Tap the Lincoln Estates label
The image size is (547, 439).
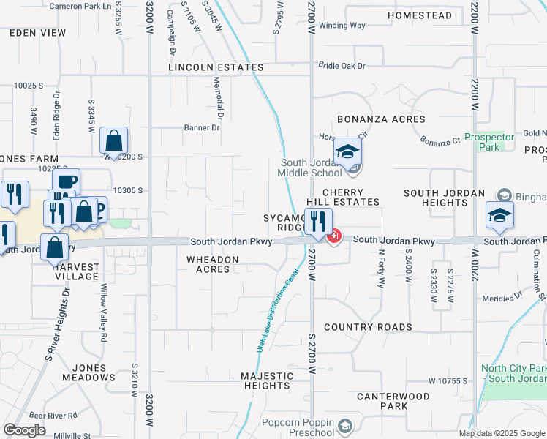point(216,67)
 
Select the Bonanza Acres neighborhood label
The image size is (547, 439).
point(381,119)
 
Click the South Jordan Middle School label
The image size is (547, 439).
point(311,168)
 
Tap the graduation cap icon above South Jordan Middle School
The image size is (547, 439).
point(348,152)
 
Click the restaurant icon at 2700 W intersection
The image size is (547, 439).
point(318,222)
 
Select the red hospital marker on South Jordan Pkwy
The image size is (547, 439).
point(334,236)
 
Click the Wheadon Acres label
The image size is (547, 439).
point(213,264)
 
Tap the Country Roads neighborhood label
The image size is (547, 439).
point(368,327)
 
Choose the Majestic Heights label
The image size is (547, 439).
point(267,380)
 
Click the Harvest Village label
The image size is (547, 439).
point(75,271)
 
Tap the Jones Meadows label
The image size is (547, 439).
point(94,372)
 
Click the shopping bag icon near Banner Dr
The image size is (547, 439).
point(113,140)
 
